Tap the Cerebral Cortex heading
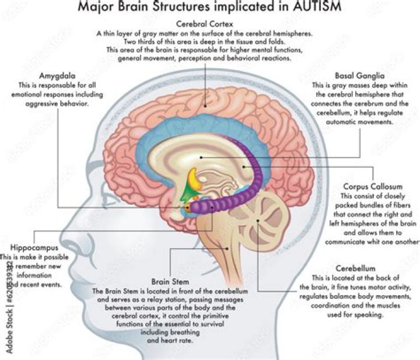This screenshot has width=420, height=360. point(211,25)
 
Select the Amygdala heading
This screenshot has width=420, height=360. point(57,76)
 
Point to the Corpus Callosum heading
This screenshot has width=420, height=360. point(370,187)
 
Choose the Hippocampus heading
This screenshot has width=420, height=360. point(34,247)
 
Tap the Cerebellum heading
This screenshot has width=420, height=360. point(356,268)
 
